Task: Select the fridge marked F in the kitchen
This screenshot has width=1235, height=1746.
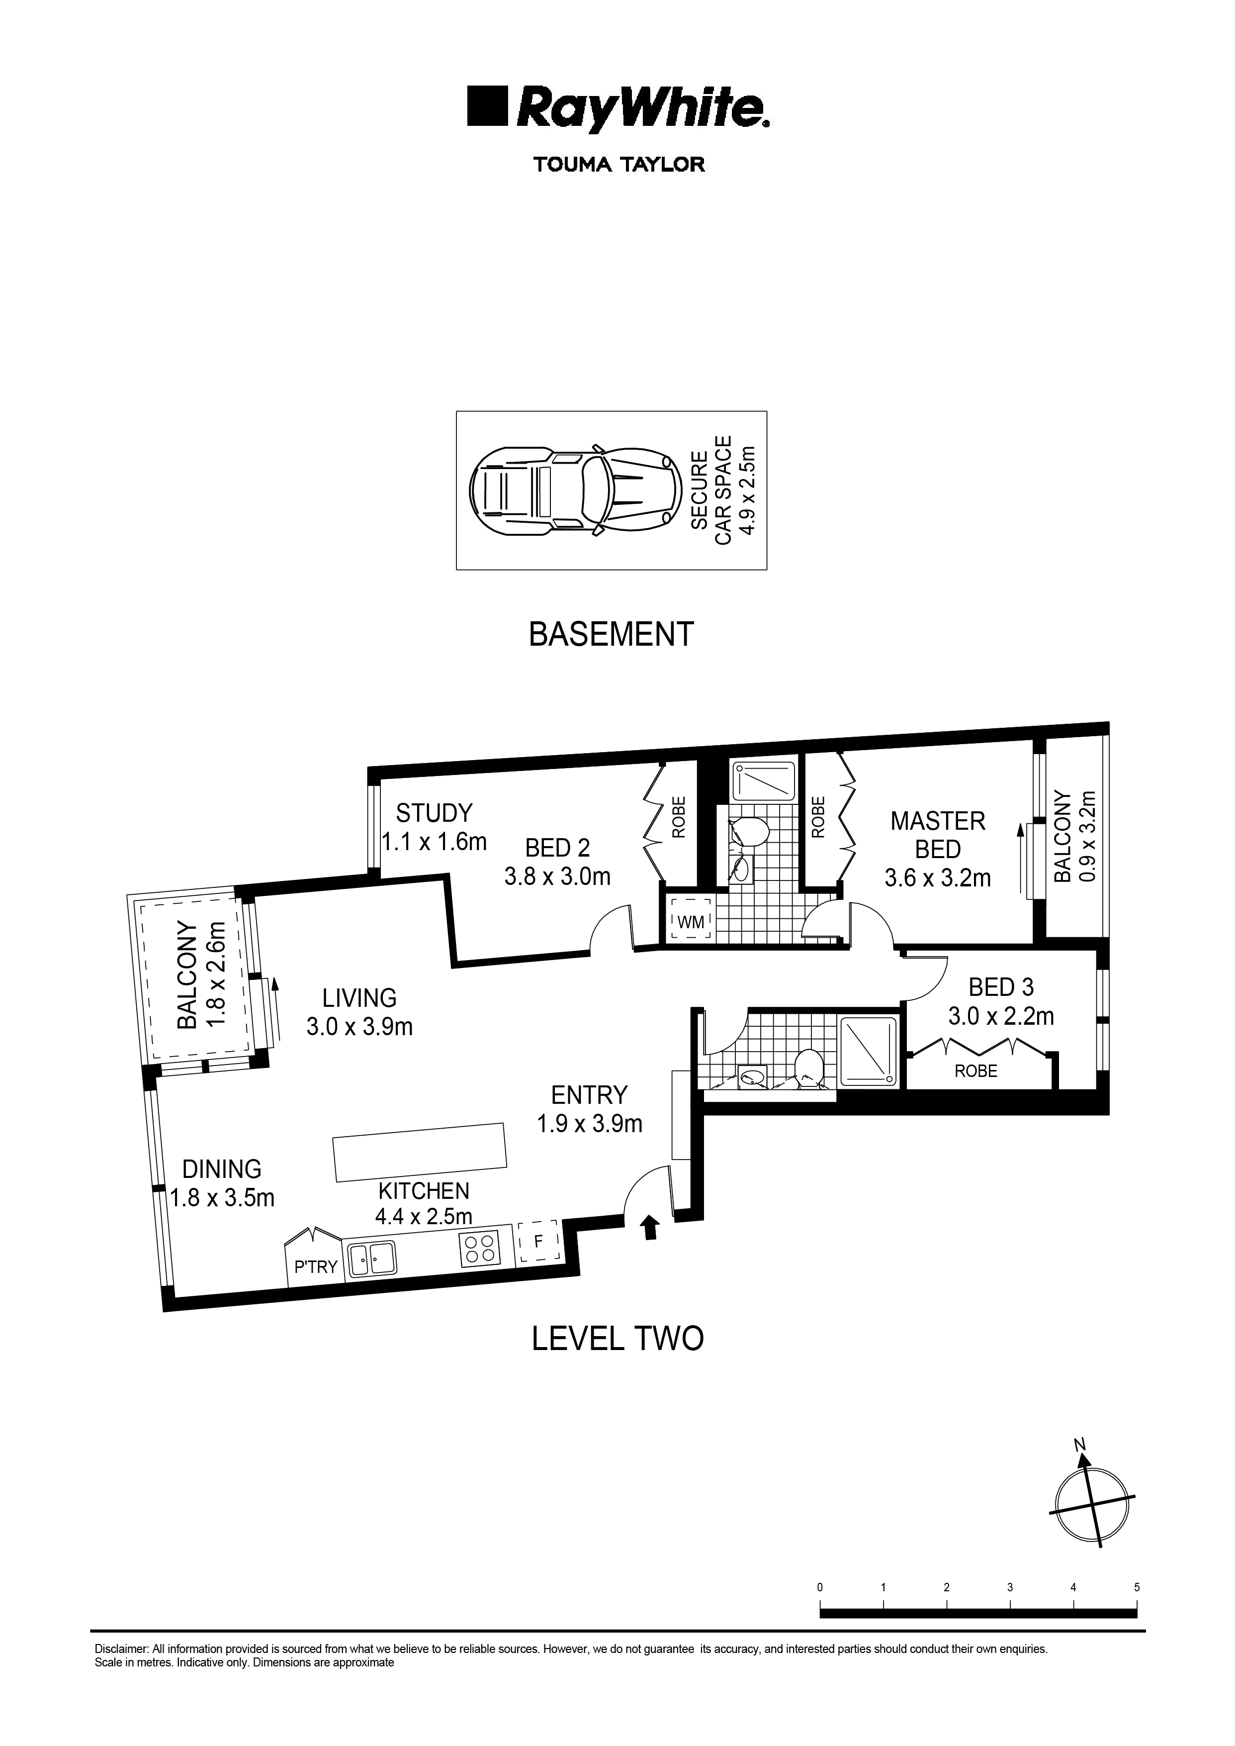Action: [x=538, y=1243]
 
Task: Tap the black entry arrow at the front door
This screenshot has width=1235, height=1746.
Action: [x=649, y=1227]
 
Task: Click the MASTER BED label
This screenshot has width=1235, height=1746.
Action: [x=938, y=835]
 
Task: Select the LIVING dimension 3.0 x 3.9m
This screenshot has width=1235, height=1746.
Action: [x=359, y=1027]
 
